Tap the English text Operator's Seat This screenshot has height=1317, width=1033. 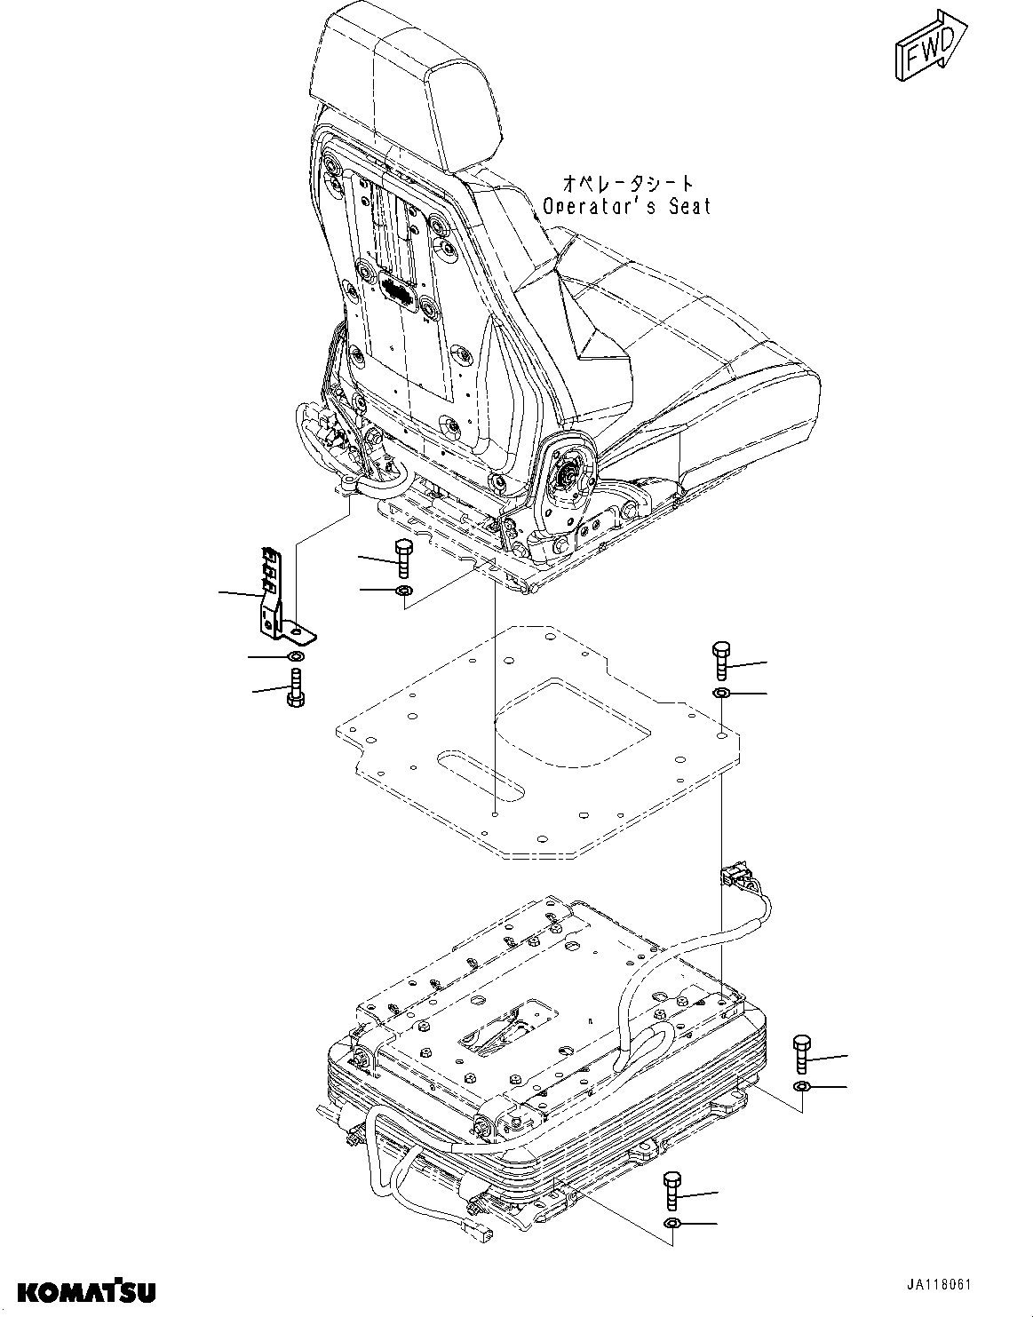tap(627, 206)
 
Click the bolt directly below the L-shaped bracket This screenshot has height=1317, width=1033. tap(295, 687)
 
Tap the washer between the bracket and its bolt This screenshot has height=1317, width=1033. tap(295, 655)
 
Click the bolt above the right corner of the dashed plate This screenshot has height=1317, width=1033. tap(720, 661)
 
